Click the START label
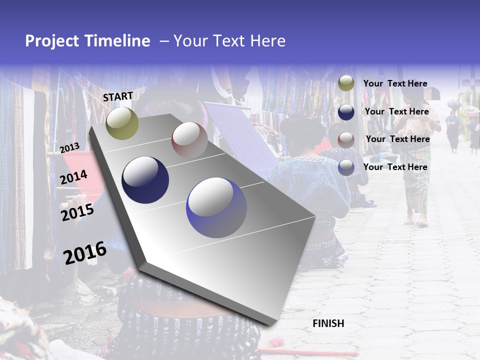[x=118, y=96]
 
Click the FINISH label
[x=328, y=323]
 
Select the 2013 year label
[x=69, y=148]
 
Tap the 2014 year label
[x=73, y=177]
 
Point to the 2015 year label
[x=77, y=212]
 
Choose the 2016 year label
[x=85, y=252]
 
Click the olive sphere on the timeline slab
[x=122, y=123]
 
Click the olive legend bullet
[x=346, y=83]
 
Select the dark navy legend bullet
[x=346, y=112]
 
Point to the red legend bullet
[x=346, y=139]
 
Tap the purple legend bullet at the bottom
[x=346, y=167]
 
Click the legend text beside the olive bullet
[x=395, y=83]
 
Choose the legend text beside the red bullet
[x=397, y=139]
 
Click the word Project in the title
[x=52, y=41]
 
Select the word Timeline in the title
[x=117, y=41]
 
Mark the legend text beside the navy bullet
[x=396, y=111]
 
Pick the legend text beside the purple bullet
[x=395, y=167]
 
